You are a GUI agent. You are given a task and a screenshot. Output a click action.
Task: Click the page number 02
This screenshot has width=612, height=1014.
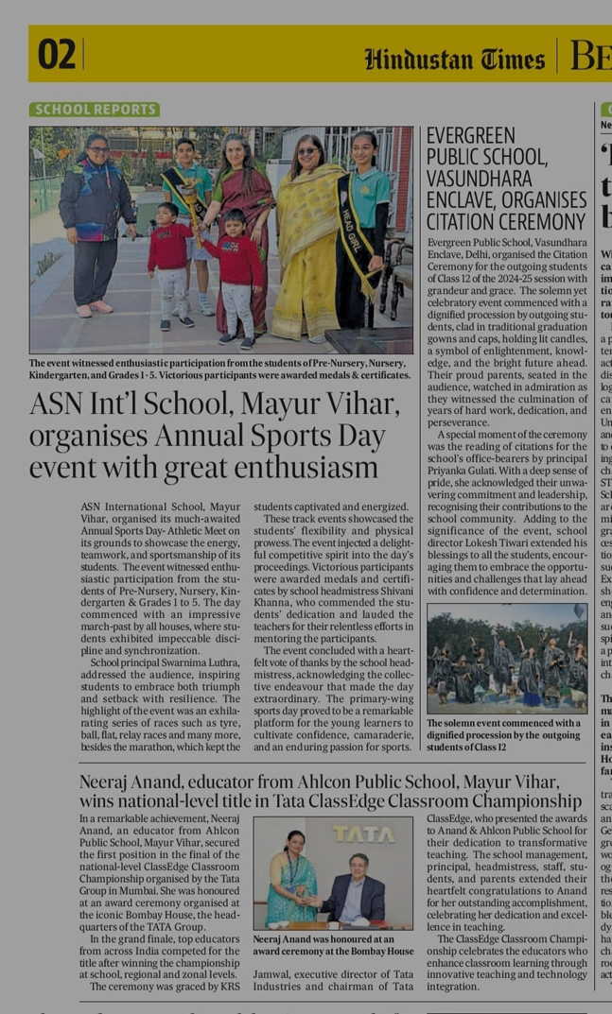(56, 56)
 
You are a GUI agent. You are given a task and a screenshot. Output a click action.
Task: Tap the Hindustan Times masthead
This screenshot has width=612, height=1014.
(455, 60)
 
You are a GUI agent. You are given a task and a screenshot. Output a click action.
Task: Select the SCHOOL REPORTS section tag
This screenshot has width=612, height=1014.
(95, 110)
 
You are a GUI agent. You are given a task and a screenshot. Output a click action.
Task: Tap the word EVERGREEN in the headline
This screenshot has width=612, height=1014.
(470, 136)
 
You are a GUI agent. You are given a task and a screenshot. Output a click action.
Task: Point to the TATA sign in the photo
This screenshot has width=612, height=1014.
(363, 834)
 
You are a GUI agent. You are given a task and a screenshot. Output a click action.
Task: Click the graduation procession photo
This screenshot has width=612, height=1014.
(506, 658)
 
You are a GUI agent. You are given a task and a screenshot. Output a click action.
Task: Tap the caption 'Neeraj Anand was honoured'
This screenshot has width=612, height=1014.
(333, 945)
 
